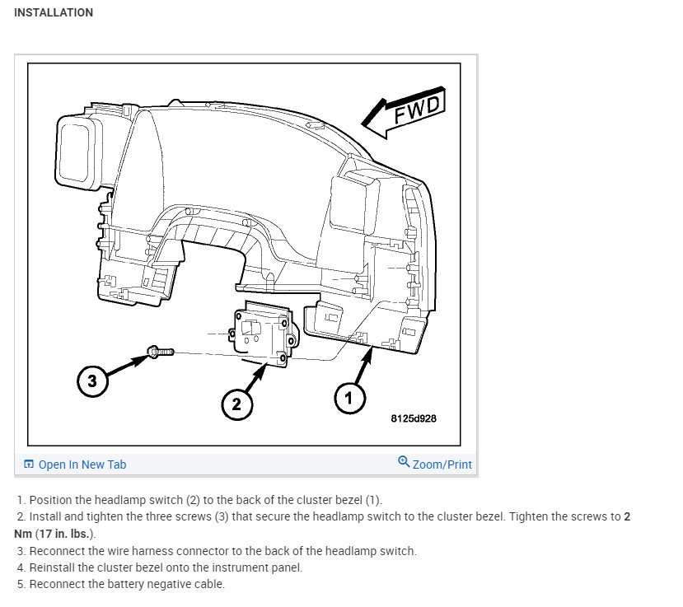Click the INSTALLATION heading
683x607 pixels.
point(54,12)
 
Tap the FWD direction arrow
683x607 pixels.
point(404,112)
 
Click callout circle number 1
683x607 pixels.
point(349,399)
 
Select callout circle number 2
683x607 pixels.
point(236,404)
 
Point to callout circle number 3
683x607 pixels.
point(92,381)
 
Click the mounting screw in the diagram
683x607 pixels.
point(160,352)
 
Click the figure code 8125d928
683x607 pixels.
point(414,418)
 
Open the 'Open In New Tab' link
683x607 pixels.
point(82,465)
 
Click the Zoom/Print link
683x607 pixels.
point(442,465)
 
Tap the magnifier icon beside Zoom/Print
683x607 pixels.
point(404,462)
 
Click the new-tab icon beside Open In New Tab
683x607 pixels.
point(28,465)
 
